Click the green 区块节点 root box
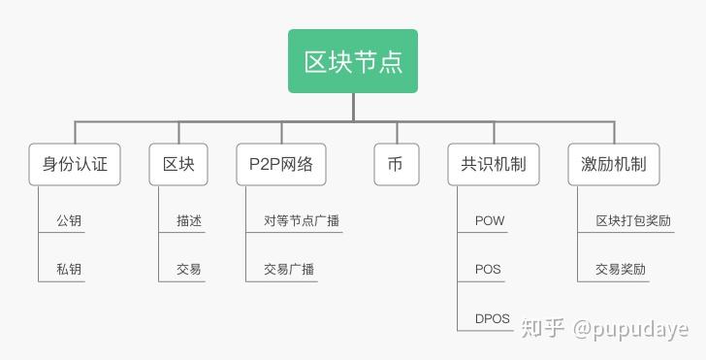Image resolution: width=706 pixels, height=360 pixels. click(x=353, y=61)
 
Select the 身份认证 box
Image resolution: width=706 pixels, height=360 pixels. click(x=75, y=165)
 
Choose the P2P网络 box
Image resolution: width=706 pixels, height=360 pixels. click(x=281, y=165)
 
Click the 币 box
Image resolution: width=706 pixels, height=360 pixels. click(x=395, y=165)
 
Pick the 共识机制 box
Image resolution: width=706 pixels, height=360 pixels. click(x=494, y=165)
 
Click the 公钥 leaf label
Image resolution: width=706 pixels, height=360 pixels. click(x=69, y=221)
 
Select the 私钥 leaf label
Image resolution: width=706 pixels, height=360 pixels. click(x=69, y=269)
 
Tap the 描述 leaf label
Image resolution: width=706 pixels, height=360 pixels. click(x=189, y=221)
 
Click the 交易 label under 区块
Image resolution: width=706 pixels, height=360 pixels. click(x=189, y=269)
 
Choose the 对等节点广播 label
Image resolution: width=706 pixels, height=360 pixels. click(x=302, y=221)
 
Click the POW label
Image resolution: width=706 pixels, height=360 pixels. click(x=490, y=221)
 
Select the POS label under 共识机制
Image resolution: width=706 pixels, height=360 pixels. click(x=488, y=269)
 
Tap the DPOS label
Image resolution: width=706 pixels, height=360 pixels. click(x=493, y=317)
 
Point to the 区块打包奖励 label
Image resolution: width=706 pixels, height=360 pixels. click(x=633, y=221)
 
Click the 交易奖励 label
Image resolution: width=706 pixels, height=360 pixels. click(x=621, y=269)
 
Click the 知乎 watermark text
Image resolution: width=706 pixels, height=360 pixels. click(x=542, y=330)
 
